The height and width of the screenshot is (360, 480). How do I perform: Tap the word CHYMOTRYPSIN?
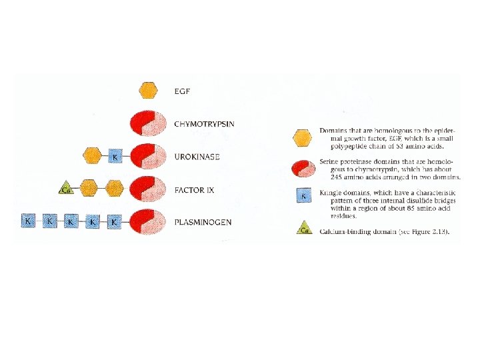coord(205,123)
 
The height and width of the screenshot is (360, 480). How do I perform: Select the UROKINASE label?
coord(197,157)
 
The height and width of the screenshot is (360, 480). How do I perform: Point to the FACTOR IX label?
coord(194,190)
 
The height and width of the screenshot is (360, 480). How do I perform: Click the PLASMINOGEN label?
coord(202,221)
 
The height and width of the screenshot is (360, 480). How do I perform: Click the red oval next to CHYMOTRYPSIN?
coord(148,123)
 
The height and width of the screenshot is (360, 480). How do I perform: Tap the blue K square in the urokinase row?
coord(115,157)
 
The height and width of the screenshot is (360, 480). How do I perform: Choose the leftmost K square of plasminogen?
coord(28,220)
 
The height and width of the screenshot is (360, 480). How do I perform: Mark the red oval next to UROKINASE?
coord(148,157)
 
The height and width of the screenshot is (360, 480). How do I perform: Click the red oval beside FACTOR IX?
coord(148,189)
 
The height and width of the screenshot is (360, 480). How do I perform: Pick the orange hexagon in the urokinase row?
coord(91,156)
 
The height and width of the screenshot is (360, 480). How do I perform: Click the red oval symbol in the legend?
coord(304,168)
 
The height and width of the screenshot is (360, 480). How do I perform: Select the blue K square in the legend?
coord(304,196)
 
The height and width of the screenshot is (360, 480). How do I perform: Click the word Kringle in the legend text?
coord(333,192)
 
